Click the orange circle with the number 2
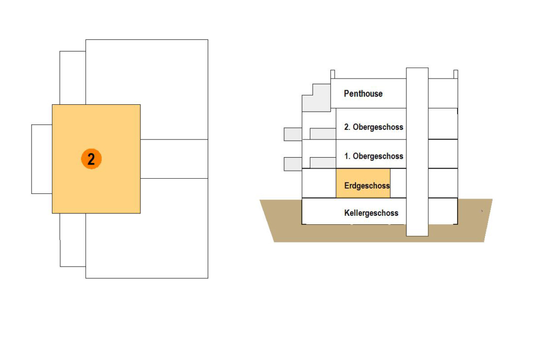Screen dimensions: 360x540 coord(91,159)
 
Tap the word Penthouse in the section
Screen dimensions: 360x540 coord(363,94)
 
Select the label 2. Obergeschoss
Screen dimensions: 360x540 coord(373,127)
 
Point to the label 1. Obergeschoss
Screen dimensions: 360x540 coord(373,156)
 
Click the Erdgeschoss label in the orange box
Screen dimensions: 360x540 coord(366,186)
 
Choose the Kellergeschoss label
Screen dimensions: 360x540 coord(371,213)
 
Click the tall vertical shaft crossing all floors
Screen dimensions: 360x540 coord(417,152)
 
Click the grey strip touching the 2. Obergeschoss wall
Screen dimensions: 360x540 coord(322,134)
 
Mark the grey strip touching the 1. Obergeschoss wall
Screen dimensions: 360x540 coord(322,163)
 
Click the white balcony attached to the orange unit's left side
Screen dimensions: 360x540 coord(41,159)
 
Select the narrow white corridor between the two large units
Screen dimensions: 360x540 coord(174,159)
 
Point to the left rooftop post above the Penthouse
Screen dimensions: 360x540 coord(332,74)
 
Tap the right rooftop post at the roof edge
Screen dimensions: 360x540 coord(456,74)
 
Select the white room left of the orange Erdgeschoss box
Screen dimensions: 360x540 coord(319,183)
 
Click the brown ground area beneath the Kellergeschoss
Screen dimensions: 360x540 coord(377,234)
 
